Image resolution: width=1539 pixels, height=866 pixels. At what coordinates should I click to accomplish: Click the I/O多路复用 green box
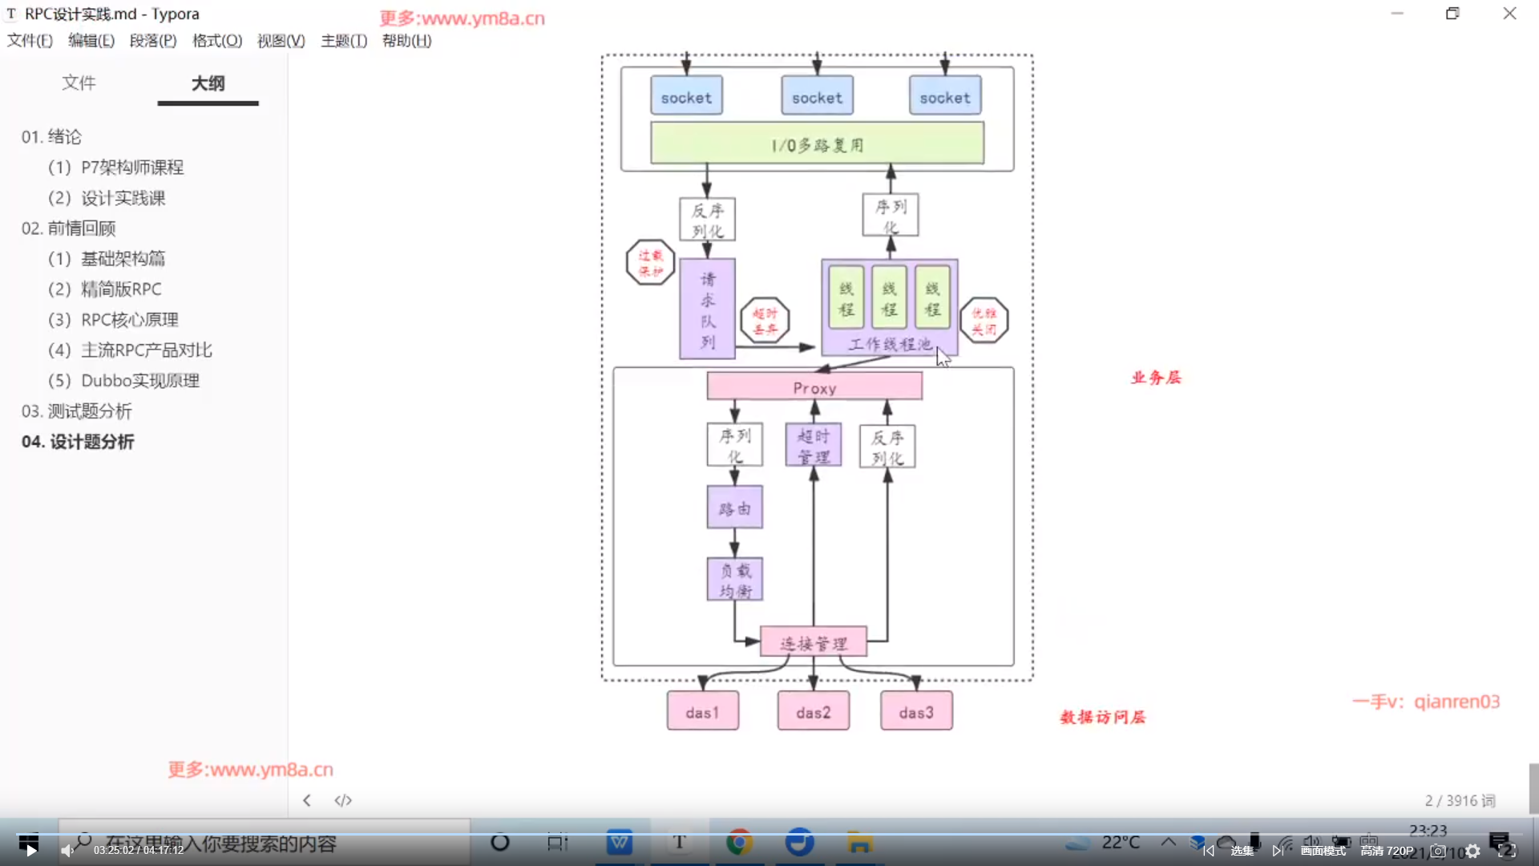click(x=817, y=144)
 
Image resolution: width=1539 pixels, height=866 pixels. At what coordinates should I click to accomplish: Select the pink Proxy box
click(x=814, y=387)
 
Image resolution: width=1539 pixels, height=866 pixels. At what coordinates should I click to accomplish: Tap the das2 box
click(x=813, y=712)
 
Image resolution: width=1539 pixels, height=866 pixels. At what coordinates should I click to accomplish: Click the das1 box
click(x=702, y=712)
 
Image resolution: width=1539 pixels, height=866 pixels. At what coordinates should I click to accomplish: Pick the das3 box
click(x=916, y=712)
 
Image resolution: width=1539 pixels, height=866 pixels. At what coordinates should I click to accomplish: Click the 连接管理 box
click(x=813, y=643)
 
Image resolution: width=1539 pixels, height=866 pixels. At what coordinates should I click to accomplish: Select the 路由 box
click(x=734, y=508)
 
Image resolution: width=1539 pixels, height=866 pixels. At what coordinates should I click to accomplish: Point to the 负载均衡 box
click(x=734, y=580)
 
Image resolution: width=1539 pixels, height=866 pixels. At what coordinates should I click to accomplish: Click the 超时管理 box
click(x=813, y=446)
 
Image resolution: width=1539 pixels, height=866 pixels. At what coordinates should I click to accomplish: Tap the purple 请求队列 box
click(x=707, y=310)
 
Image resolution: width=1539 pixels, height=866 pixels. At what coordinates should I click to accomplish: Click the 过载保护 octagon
click(x=650, y=263)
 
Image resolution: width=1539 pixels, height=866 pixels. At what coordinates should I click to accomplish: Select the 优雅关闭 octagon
click(x=984, y=321)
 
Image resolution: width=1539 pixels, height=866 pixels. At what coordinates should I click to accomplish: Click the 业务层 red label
click(x=1156, y=378)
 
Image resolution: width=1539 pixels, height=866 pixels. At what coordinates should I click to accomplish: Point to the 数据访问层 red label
click(x=1102, y=717)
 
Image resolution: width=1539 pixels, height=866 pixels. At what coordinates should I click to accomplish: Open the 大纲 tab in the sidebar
click(x=208, y=83)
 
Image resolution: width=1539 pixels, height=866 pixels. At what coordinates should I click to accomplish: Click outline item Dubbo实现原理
click(x=139, y=381)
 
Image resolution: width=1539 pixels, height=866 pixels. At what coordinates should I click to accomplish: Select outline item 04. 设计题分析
click(x=78, y=442)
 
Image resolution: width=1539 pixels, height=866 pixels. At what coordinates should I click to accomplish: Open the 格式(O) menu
click(x=216, y=41)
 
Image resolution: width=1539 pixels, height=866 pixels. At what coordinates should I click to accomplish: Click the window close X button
click(x=1509, y=14)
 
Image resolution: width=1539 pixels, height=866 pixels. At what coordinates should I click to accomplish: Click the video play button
click(x=30, y=850)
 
